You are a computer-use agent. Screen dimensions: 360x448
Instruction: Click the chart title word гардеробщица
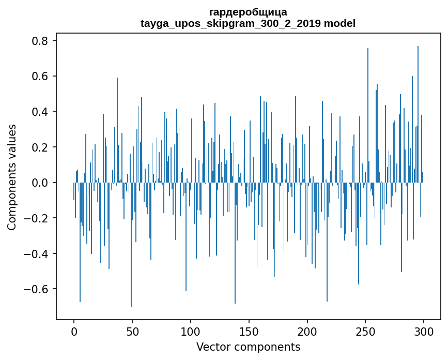point(248,12)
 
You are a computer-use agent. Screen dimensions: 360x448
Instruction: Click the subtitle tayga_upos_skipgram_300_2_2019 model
point(248,23)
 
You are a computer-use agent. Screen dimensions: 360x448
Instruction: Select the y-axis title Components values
point(12,177)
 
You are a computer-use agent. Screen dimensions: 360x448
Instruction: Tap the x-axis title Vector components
point(248,347)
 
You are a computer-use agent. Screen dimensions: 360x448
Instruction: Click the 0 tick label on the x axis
point(74,331)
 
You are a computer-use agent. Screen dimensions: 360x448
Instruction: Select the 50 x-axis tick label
point(132,331)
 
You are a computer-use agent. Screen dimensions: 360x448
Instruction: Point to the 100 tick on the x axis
point(191,331)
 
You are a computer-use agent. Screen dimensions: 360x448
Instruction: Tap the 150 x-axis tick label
point(249,331)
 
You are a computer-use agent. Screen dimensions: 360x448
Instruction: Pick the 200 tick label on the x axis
point(307,331)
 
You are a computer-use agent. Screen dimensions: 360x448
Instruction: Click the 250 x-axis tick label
point(366,331)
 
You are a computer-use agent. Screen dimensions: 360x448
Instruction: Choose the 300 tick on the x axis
point(424,331)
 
